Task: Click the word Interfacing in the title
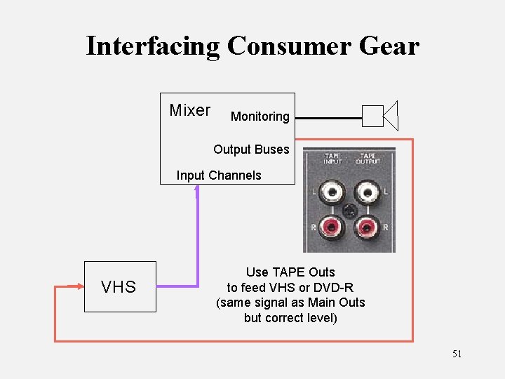[152, 46]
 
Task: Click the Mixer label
[189, 110]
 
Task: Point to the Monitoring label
[260, 117]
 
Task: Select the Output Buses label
[251, 149]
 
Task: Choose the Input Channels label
[219, 175]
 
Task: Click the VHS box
[119, 286]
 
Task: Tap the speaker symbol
[381, 116]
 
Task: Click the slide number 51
[457, 354]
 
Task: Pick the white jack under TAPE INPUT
[330, 192]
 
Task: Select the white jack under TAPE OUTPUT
[367, 192]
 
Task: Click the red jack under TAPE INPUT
[330, 227]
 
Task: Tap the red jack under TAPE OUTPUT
[367, 227]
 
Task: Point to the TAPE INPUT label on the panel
[332, 158]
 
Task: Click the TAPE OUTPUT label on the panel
[368, 158]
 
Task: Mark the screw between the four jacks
[349, 209]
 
